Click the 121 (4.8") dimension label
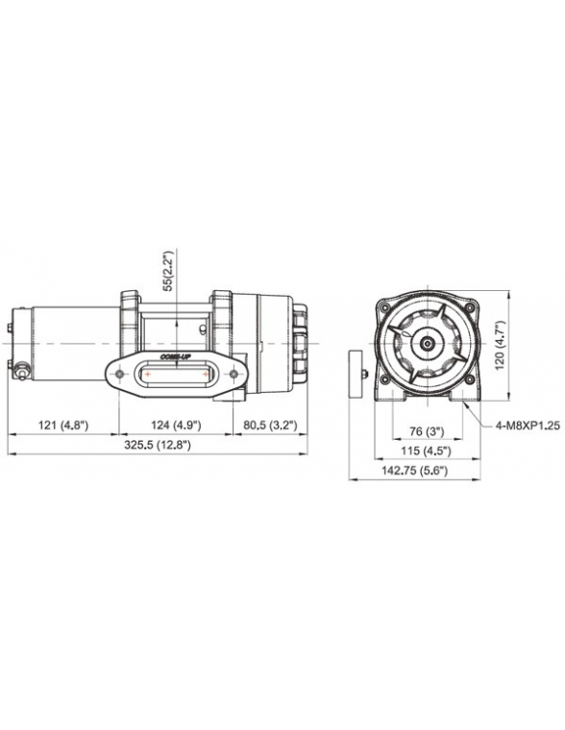point(63,426)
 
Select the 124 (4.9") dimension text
point(176,426)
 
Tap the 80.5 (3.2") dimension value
point(271,426)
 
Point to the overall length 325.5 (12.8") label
point(158,445)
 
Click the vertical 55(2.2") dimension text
point(168,271)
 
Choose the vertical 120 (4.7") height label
point(500,345)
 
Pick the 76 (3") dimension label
point(428,431)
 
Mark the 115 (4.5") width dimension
point(428,451)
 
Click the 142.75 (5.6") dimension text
point(414,471)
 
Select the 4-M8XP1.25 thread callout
point(528,426)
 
